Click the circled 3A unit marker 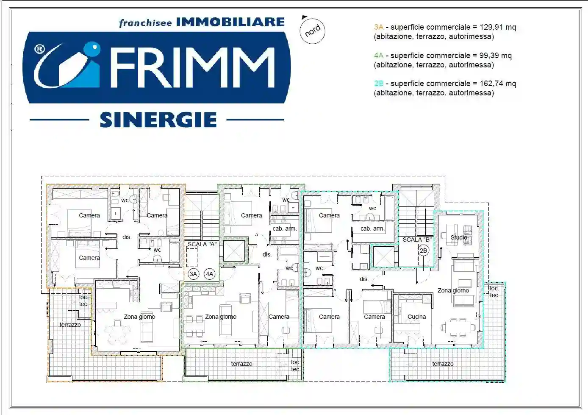[x=193, y=274]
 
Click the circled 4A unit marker [x=209, y=274]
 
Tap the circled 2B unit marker [x=423, y=251]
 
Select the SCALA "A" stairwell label [x=202, y=244]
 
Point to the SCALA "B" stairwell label [x=417, y=240]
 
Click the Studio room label [x=459, y=237]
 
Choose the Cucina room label [x=416, y=317]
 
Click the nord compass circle [x=313, y=31]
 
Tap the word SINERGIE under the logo [x=158, y=120]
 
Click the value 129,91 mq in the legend [x=498, y=27]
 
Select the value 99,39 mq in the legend [x=495, y=56]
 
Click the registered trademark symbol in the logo [x=39, y=50]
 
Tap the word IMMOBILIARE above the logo [x=230, y=22]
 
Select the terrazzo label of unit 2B [x=443, y=364]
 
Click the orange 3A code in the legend [x=378, y=27]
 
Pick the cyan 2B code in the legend [x=378, y=84]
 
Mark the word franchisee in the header [x=145, y=23]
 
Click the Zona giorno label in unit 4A [x=221, y=317]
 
